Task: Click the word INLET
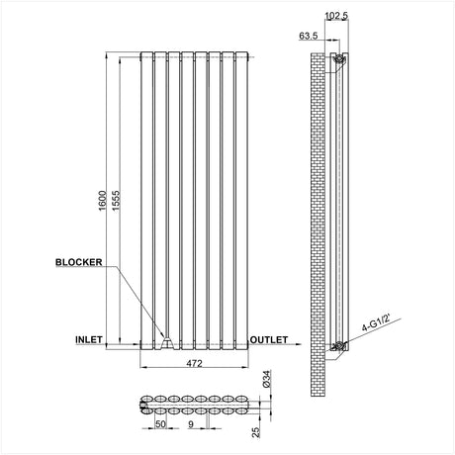click(90, 339)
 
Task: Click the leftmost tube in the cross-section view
click(147, 406)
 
